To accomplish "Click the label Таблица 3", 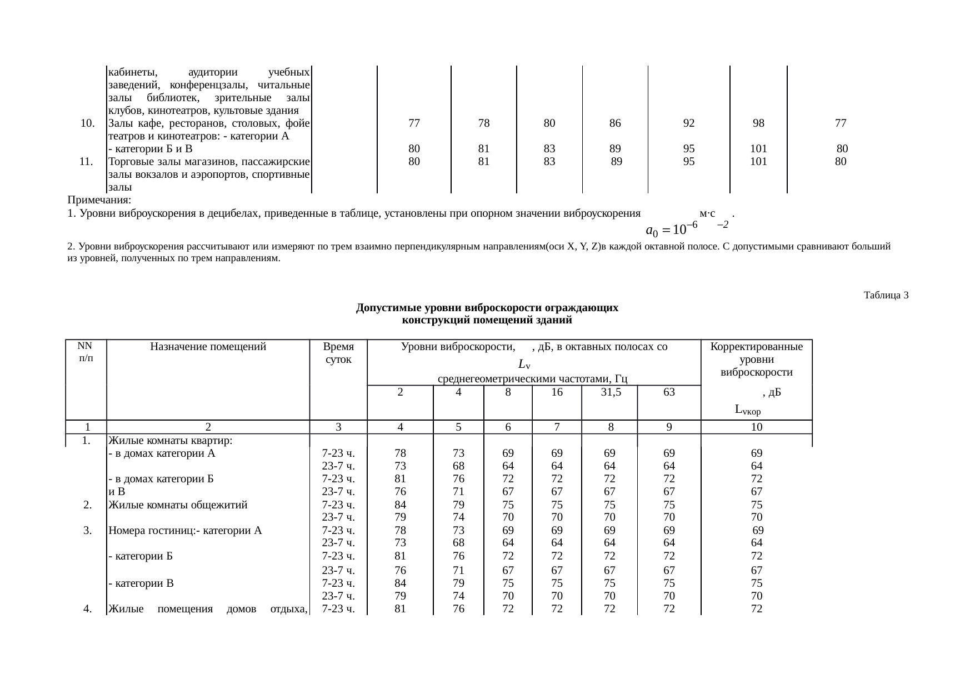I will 886,295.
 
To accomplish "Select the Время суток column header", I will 338,353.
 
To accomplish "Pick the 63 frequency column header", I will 669,392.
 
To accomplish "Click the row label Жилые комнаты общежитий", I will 178,505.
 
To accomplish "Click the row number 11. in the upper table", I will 86,162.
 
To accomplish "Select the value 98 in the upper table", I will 758,123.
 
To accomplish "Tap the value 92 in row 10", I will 688,123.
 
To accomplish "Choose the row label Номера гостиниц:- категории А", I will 185,530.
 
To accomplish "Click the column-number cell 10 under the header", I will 757,427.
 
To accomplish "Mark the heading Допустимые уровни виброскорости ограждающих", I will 487,308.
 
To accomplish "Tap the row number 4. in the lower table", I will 87,609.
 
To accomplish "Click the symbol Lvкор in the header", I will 747,411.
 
